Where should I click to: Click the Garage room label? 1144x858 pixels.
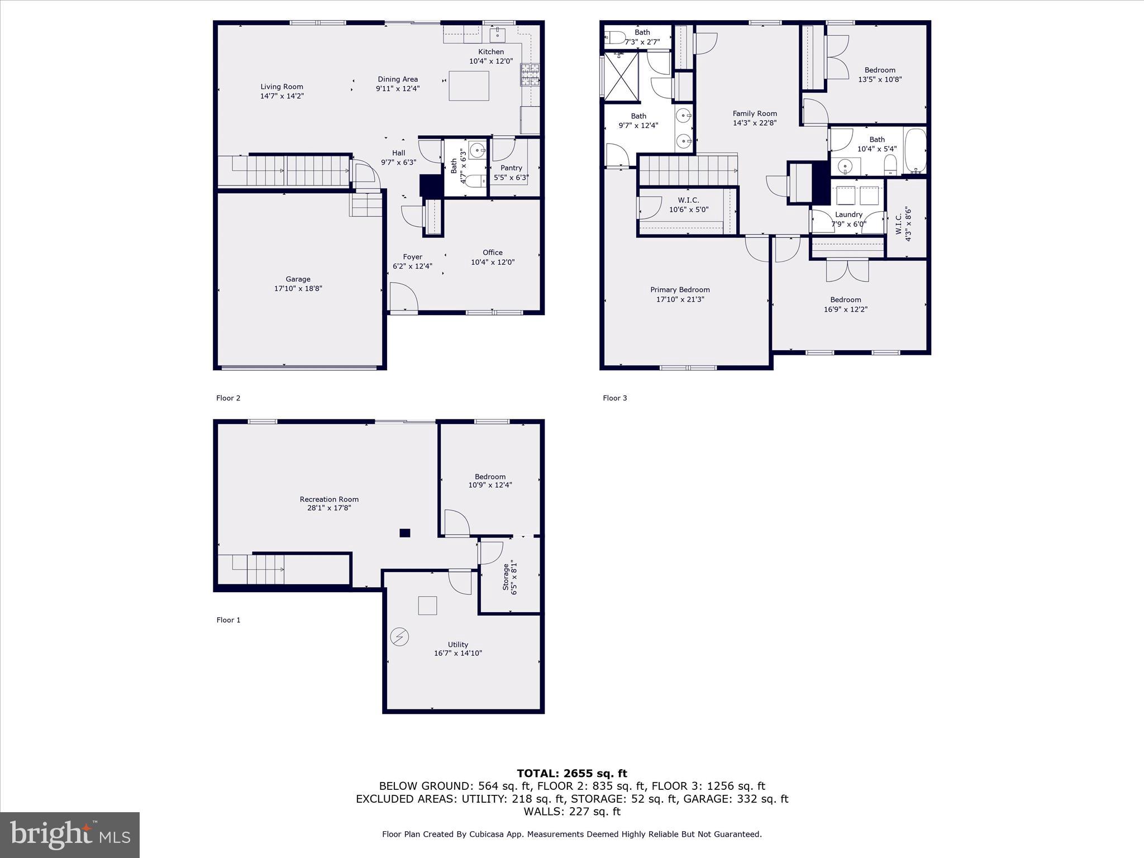pos(298,279)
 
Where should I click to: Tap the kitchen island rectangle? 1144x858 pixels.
pos(469,86)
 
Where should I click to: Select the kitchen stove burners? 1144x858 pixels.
pos(530,75)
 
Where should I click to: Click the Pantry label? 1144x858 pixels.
pos(511,168)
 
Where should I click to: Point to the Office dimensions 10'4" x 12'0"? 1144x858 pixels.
pos(492,262)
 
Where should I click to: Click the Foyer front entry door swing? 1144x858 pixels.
pos(403,297)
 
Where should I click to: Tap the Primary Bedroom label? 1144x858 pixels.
pos(680,290)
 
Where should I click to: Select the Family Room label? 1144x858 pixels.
pos(755,114)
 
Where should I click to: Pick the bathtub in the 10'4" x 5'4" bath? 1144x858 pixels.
pos(915,150)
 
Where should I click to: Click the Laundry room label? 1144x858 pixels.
pos(849,214)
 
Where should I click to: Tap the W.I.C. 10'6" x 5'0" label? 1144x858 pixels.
pos(688,201)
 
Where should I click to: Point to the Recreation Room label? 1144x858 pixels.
pos(329,499)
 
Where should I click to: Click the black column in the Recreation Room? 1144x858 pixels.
pos(405,533)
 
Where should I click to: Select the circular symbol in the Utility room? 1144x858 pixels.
pos(400,636)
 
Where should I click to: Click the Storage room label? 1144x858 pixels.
pos(506,576)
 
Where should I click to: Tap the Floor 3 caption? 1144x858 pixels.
pos(614,398)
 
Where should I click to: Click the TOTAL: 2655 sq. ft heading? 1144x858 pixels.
pos(571,774)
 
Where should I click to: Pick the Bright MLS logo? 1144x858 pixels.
pos(70,835)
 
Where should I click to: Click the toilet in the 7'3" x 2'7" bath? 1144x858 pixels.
pos(616,37)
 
